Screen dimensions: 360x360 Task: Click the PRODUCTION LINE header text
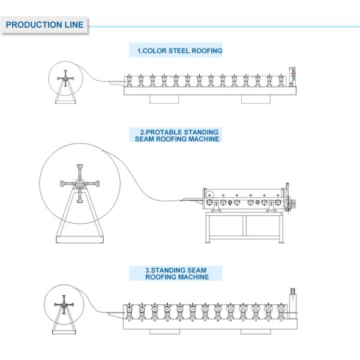[44, 25]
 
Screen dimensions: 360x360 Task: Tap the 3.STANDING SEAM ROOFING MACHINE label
[176, 274]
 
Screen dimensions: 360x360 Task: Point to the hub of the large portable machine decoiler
[79, 184]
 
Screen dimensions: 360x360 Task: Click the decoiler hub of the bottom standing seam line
[62, 305]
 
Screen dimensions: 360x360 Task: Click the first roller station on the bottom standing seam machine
[129, 312]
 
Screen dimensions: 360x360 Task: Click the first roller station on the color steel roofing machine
[129, 80]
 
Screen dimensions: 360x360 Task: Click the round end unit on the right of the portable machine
[292, 205]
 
